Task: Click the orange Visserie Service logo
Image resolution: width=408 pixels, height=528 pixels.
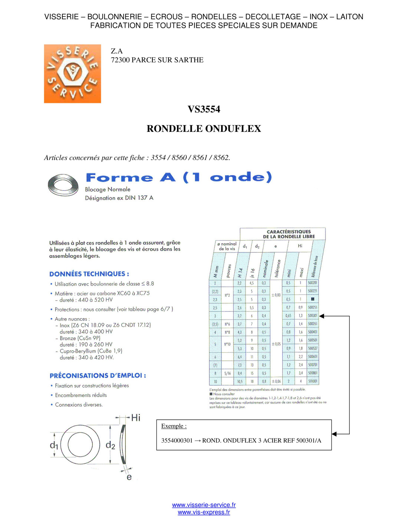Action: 72,74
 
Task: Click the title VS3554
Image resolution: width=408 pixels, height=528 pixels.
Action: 204,109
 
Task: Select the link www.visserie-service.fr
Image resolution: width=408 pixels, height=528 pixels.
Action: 204,505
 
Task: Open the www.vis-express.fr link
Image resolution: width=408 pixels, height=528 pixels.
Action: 204,512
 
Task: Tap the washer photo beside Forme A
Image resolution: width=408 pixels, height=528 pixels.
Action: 63,185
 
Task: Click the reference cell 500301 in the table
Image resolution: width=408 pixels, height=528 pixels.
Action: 312,316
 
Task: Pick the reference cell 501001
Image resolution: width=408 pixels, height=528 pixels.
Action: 312,381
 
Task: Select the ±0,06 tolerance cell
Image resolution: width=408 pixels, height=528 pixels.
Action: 276,381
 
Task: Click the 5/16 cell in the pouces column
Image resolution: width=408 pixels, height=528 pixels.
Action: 227,373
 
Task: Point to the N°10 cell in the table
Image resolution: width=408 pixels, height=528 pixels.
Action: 227,344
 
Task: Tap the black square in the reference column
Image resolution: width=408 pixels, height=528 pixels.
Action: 312,299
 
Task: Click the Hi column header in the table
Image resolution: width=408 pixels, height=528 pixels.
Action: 300,246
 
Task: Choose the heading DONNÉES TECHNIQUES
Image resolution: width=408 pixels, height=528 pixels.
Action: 89,274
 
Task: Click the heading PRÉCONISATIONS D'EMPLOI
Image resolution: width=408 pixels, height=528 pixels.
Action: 98,376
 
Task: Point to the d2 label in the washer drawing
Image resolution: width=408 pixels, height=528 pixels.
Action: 110,445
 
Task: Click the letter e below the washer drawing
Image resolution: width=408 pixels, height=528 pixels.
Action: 129,477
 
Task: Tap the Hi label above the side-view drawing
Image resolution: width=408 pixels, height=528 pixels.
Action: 136,418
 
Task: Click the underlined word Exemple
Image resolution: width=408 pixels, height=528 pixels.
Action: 174,426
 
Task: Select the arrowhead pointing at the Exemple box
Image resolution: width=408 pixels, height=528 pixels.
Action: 334,434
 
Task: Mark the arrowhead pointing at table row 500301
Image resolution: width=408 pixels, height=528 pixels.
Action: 322,316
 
